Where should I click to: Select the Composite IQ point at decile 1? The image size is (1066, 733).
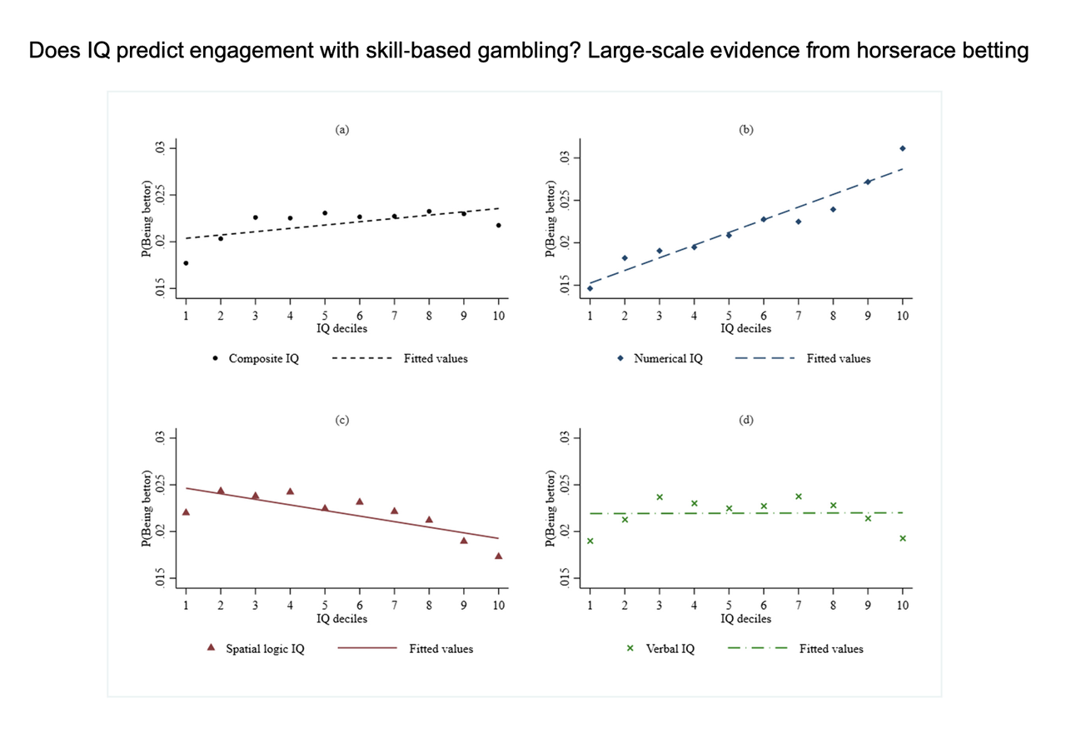186,263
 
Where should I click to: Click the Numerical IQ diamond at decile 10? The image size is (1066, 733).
902,148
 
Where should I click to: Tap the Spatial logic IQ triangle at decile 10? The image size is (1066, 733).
498,556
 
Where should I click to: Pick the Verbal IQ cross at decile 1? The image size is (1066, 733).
590,541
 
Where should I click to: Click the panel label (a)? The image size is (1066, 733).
341,130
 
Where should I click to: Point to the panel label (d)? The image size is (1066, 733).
746,421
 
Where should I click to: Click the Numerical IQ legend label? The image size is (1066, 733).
668,359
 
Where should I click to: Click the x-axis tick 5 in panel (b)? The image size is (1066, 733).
729,316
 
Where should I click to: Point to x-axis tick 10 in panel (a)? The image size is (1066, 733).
498,316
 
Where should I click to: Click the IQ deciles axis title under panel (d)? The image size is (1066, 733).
745,619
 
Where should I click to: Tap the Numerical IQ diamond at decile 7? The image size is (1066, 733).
798,222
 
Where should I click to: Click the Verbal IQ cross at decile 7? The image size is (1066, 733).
798,496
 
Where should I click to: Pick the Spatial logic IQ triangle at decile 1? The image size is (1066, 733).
186,511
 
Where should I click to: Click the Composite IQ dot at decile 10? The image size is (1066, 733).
498,225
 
